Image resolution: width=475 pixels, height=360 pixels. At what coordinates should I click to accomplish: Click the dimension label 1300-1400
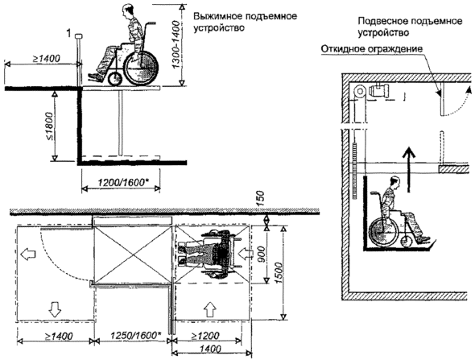click(x=176, y=44)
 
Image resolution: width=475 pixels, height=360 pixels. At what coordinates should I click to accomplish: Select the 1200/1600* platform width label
click(x=120, y=183)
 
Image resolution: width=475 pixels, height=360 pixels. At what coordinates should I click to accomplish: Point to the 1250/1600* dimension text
click(x=135, y=336)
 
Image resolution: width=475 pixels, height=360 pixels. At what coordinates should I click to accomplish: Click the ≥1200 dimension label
click(x=205, y=336)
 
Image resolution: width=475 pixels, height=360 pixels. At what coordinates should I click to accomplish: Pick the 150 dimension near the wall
click(x=260, y=198)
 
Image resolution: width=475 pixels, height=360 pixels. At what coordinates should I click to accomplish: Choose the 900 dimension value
click(x=261, y=254)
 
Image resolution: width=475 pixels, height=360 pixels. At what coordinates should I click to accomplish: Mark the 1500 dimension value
click(x=279, y=273)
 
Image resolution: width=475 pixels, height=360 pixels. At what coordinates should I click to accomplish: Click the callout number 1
click(x=69, y=33)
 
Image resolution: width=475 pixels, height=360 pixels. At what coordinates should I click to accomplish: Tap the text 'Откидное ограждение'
click(x=372, y=49)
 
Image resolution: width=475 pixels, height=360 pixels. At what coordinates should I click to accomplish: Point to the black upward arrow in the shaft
click(x=408, y=169)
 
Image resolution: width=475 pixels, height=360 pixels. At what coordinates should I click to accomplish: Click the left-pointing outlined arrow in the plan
click(x=28, y=254)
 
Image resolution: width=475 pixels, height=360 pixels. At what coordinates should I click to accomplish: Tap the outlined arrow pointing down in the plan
click(x=55, y=309)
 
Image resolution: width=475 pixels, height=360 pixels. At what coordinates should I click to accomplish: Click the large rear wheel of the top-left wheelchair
click(x=142, y=68)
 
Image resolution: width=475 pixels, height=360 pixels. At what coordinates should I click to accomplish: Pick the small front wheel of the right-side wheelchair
click(x=407, y=242)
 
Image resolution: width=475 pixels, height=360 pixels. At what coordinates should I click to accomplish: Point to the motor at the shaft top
click(x=378, y=90)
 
